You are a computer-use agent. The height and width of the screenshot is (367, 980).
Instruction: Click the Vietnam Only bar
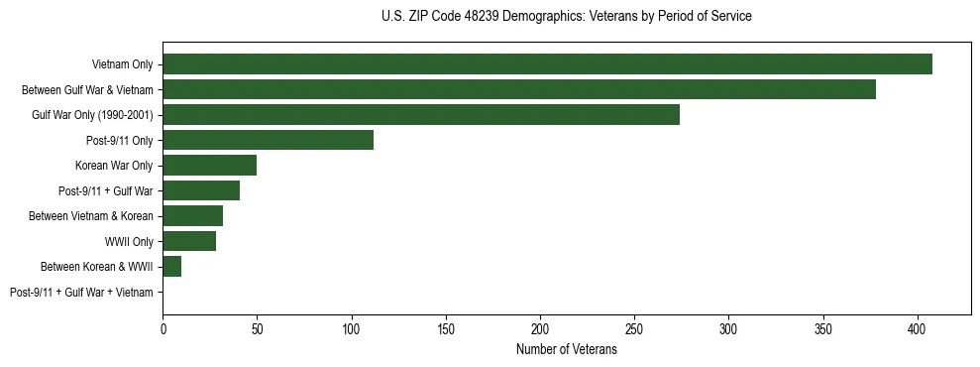pyautogui.click(x=547, y=64)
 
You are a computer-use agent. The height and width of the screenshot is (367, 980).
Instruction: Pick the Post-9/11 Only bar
pyautogui.click(x=268, y=141)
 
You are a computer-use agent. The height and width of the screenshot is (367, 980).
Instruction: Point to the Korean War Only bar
pyautogui.click(x=209, y=166)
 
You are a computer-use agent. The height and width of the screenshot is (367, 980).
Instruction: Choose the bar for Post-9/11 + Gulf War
pyautogui.click(x=201, y=191)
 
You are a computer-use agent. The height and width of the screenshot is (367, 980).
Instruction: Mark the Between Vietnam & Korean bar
pyautogui.click(x=192, y=216)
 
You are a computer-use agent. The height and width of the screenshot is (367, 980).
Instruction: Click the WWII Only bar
pyautogui.click(x=189, y=241)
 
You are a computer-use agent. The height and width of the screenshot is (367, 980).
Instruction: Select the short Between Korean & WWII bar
pyautogui.click(x=171, y=267)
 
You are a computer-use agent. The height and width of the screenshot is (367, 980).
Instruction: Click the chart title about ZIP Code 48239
pyautogui.click(x=566, y=17)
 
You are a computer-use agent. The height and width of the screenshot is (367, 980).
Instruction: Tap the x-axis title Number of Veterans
pyautogui.click(x=566, y=350)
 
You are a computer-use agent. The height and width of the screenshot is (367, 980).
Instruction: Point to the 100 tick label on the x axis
pyautogui.click(x=352, y=328)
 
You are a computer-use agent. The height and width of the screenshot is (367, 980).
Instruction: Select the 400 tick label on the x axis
pyautogui.click(x=918, y=328)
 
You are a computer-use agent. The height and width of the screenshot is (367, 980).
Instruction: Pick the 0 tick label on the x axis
pyautogui.click(x=163, y=328)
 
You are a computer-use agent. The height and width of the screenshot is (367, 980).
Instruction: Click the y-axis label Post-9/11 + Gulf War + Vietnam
pyautogui.click(x=81, y=293)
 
